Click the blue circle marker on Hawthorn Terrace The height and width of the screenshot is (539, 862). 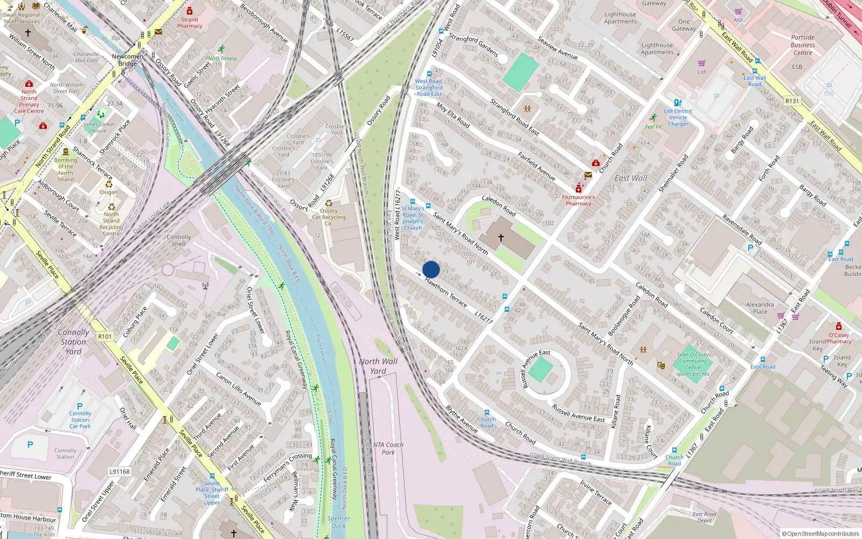pos(431,269)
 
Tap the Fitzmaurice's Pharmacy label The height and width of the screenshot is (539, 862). pos(579,200)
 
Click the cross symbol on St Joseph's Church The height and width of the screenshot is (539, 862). pos(501,237)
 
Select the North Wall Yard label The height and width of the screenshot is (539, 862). pos(378,366)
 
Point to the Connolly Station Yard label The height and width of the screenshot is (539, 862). pos(73,342)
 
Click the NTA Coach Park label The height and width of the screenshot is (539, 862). pos(388,448)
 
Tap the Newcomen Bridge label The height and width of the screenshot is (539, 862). pos(128,60)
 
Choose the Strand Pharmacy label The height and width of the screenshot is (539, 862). pos(189,23)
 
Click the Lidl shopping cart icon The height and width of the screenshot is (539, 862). pos(701,63)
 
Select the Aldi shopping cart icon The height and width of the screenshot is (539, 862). pos(738,11)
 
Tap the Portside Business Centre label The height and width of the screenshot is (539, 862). pos(803,45)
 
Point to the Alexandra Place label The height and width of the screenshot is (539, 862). pos(760,308)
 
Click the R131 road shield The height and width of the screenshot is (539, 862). pos(792,101)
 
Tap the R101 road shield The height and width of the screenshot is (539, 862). pos(105,336)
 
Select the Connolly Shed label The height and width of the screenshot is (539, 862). pos(178,240)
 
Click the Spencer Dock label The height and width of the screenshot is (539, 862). pos(338,522)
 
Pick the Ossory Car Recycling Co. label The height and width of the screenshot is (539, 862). pos(329,217)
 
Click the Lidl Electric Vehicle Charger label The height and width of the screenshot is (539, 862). pos(678,118)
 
